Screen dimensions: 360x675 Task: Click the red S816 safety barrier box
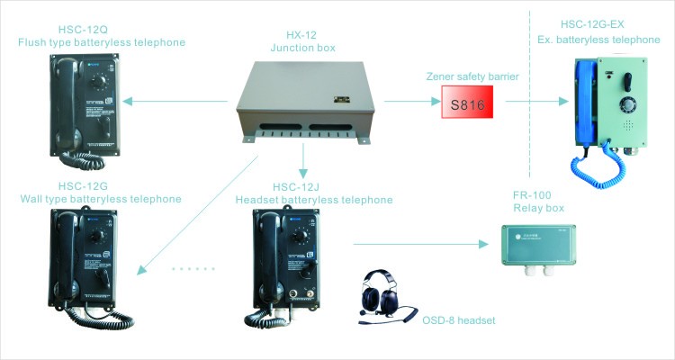(470, 104)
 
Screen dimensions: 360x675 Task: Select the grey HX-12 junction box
(303, 103)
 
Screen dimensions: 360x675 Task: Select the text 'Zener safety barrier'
(471, 77)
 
